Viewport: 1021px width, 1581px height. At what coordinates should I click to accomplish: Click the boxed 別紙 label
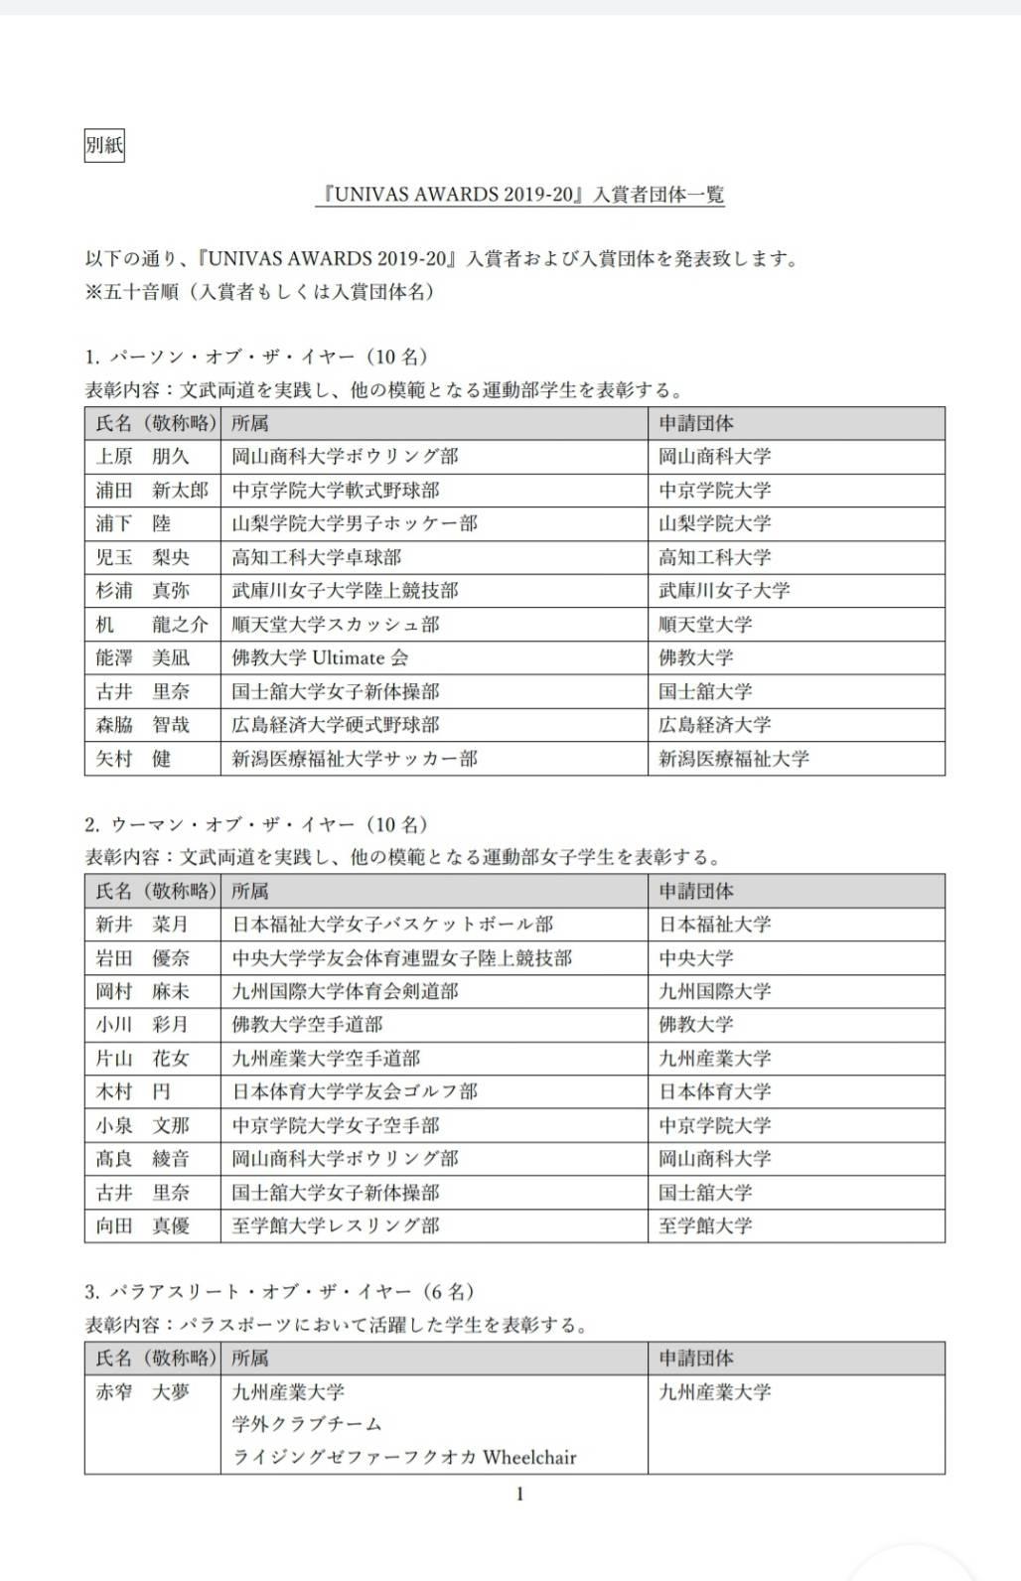coord(104,146)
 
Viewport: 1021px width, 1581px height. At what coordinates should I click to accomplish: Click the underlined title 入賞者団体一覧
coord(658,195)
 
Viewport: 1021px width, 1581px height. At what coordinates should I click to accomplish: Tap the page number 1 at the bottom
coord(519,1494)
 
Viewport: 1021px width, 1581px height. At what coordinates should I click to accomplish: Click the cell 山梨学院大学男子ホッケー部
coord(355,523)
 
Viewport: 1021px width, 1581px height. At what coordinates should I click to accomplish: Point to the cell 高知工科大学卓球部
coord(317,557)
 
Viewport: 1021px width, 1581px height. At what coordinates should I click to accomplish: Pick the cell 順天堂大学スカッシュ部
coord(336,625)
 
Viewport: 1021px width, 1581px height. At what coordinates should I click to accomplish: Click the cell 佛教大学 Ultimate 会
coord(320,657)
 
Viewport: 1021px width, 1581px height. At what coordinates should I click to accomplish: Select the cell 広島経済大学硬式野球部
coord(336,725)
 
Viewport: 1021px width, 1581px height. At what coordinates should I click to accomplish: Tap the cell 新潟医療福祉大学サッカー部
coord(355,759)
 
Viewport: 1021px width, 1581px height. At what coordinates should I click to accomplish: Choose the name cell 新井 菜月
coord(142,925)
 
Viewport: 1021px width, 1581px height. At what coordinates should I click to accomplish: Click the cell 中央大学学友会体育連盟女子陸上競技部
coord(402,958)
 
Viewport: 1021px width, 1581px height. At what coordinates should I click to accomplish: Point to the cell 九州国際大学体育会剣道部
coord(345,991)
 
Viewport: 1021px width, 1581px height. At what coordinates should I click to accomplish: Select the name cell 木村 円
coord(133,1091)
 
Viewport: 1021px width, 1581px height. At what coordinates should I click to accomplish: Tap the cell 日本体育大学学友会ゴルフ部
coord(355,1091)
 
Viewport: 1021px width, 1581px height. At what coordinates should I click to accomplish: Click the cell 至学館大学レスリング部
coord(336,1225)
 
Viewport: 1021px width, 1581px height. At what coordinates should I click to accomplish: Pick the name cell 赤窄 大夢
coord(142,1392)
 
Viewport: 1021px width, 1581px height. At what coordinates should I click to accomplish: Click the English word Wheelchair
coord(529,1458)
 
